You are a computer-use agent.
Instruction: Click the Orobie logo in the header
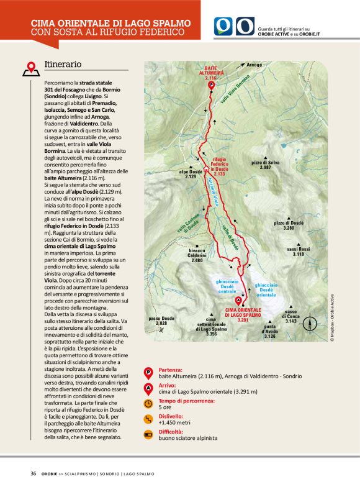coord(234,26)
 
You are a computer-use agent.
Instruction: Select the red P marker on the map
coord(211,85)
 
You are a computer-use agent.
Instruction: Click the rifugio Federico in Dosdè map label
coord(221,167)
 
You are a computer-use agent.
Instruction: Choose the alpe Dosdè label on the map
coord(191,175)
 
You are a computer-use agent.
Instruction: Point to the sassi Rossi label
coord(299,251)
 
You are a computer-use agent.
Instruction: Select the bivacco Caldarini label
coord(197,257)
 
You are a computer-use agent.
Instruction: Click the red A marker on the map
coord(239,300)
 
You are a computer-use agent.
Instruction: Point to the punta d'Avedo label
coord(269,333)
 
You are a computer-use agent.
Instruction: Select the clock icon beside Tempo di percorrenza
coord(148,403)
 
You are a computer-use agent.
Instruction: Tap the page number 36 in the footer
coord(33,474)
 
